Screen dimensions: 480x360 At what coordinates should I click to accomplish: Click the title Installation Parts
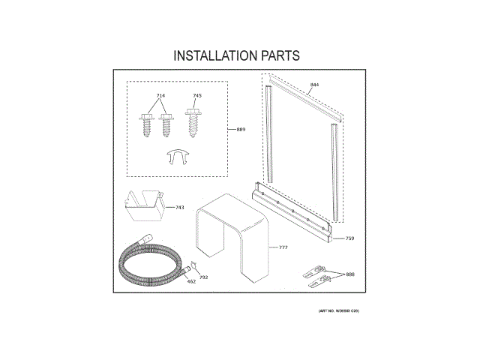point(237,55)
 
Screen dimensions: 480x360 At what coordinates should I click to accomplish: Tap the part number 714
point(160,96)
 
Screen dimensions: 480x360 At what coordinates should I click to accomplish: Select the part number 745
point(197,96)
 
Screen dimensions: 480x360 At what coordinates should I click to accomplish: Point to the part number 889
point(241,130)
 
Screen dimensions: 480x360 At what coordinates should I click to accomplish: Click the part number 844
point(314,85)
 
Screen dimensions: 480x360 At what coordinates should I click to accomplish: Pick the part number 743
point(180,207)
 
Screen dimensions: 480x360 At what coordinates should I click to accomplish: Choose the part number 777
point(283,247)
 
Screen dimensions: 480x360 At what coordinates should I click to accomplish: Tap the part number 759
point(349,238)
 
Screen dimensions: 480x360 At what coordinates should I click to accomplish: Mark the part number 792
point(203,277)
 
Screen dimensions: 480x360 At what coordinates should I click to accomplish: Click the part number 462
point(191,281)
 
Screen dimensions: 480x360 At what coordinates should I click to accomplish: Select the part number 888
point(350,274)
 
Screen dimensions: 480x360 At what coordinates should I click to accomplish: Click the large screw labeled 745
point(194,123)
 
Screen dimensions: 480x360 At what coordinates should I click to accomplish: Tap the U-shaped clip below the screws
point(177,156)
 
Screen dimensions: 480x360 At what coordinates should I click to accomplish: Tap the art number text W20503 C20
point(334,310)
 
